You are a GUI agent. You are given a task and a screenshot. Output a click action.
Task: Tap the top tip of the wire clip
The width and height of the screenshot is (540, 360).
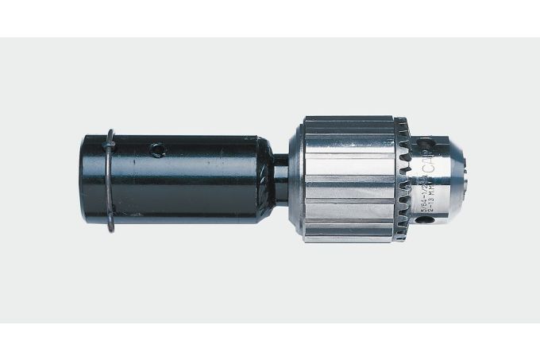click(111, 130)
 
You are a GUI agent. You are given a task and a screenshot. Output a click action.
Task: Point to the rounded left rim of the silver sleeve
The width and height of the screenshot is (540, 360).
click(295, 180)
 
